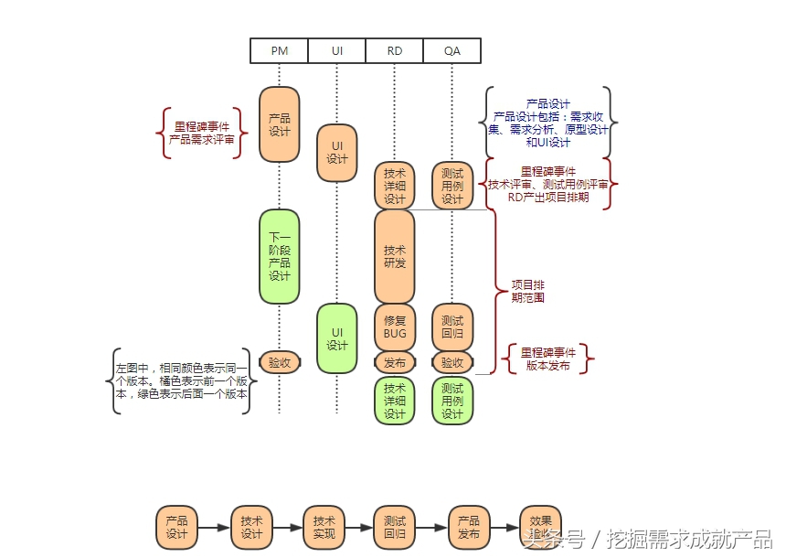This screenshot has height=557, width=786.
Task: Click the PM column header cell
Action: tap(280, 50)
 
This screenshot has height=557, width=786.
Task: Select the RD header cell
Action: tap(395, 50)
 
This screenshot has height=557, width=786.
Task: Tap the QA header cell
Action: tap(452, 50)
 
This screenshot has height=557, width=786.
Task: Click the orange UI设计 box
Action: tap(337, 153)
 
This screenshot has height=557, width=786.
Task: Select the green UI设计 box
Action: tap(337, 338)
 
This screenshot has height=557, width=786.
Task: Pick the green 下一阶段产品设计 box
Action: tap(280, 256)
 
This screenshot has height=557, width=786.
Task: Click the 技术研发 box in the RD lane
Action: tap(395, 256)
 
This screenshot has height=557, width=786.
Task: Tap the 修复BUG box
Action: tap(395, 327)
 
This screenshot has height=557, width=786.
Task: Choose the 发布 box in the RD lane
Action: tap(395, 362)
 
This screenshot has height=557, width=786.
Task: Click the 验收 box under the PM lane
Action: tap(280, 362)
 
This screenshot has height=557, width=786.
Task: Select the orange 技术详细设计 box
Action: tap(395, 186)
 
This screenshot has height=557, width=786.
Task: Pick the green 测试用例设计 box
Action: tap(452, 401)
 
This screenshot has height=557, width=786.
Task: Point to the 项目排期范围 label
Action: tap(528, 291)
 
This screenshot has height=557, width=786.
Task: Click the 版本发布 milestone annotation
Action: tap(547, 359)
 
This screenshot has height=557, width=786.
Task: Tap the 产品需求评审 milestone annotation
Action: tap(202, 133)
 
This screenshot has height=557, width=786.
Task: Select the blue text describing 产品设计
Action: tap(548, 123)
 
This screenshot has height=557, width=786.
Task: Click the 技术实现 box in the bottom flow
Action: tap(324, 527)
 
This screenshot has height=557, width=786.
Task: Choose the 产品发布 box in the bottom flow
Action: tap(469, 527)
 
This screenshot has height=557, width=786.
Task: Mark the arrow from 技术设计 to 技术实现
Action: tap(288, 528)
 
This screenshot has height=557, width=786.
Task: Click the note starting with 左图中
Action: tap(181, 380)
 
